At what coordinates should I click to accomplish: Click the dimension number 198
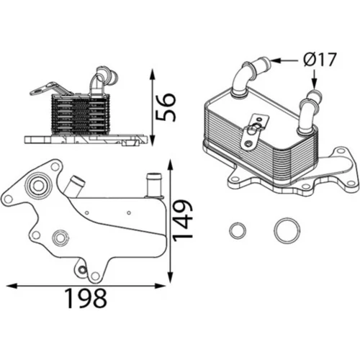86,298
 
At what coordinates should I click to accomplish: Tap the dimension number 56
166,107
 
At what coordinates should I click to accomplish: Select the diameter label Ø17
319,60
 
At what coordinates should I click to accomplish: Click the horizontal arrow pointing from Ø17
285,60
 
